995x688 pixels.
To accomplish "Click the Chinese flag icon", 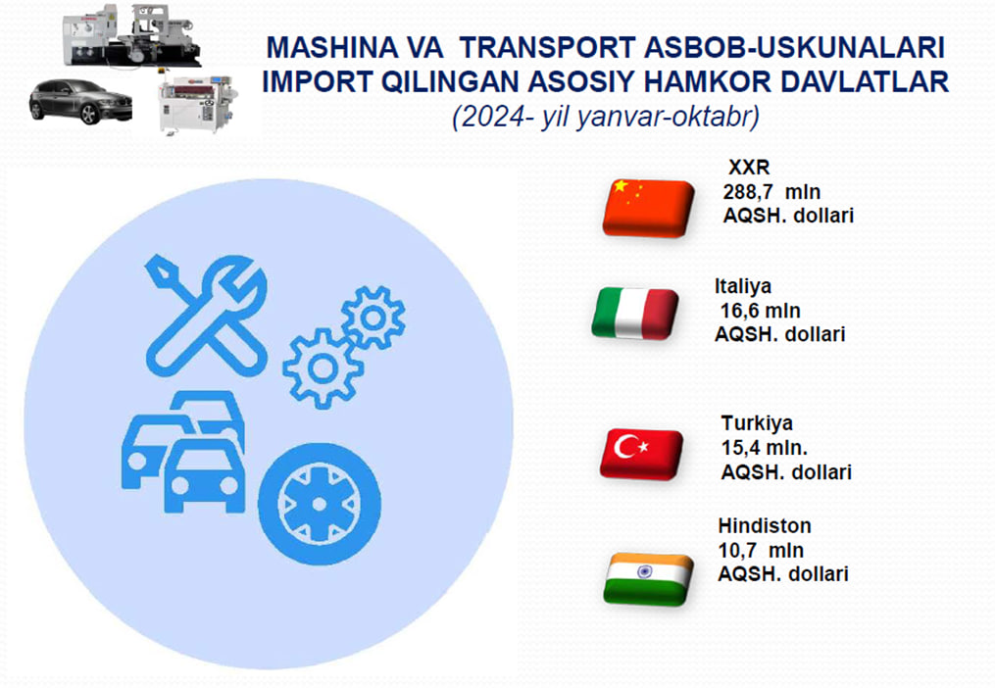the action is (648, 208).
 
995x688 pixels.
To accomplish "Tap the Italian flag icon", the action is (634, 313).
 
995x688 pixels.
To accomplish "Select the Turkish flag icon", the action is (641, 453).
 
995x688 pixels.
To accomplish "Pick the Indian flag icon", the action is (648, 579).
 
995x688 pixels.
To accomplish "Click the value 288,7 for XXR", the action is (748, 192).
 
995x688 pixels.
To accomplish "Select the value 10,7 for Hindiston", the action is (737, 550).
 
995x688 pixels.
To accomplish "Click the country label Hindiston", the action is (765, 525).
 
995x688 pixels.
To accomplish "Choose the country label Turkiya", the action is (757, 422).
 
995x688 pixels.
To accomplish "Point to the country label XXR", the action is (749, 167).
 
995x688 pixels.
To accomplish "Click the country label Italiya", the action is (743, 286).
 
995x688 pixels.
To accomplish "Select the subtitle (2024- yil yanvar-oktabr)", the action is (606, 117).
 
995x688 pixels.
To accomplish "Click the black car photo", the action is (80, 101).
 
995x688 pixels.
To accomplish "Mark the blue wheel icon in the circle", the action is (320, 504).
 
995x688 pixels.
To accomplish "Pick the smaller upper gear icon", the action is (373, 318).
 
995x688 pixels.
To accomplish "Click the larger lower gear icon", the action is (323, 369).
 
